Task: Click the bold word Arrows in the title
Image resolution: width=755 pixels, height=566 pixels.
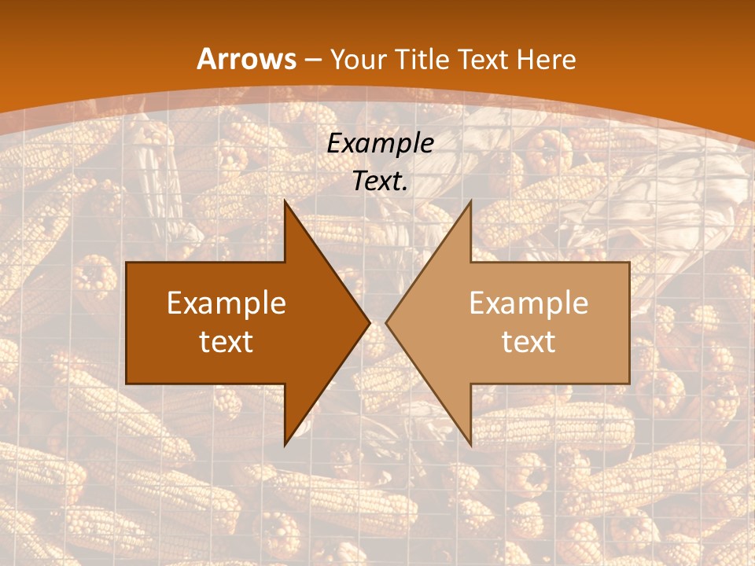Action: coord(247,59)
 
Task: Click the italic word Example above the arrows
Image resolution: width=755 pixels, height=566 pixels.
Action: coord(380,144)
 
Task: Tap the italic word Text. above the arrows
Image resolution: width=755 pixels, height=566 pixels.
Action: coord(380,181)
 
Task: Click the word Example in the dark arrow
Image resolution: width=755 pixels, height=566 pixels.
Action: coord(226,303)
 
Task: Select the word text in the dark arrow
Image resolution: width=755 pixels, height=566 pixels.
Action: coord(226,341)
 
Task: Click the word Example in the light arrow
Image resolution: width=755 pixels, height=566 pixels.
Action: coord(528,303)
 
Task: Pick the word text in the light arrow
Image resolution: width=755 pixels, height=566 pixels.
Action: coord(528,341)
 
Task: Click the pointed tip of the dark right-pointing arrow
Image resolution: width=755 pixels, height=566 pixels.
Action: coord(370,322)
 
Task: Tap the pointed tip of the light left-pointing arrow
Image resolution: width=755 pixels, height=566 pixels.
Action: coord(386,322)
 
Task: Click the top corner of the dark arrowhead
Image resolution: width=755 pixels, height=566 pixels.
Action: coord(285,201)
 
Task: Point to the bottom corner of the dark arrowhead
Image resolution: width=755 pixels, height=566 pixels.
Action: coord(285,445)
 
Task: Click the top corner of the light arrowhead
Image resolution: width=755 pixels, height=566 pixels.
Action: coord(470,201)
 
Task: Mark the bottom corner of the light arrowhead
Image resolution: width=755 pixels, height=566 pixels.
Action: coord(470,445)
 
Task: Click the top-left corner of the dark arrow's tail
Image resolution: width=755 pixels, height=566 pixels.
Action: coord(127,263)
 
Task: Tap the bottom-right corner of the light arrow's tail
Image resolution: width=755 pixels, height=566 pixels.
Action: coord(629,384)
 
